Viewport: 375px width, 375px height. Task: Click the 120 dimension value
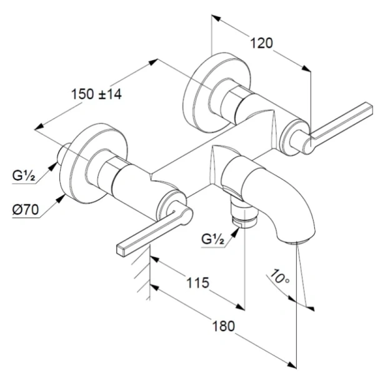coord(262,43)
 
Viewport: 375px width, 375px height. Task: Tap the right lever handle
coord(337,122)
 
